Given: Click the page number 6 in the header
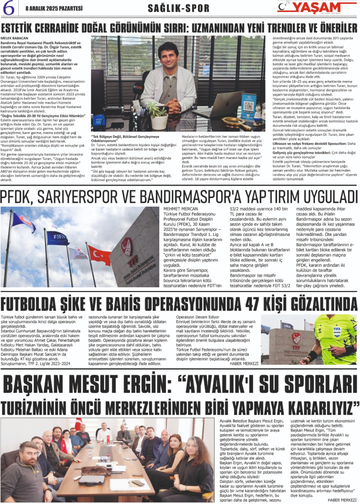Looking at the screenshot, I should pos(8,8).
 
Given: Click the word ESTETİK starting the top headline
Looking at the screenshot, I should pos(24,27).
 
